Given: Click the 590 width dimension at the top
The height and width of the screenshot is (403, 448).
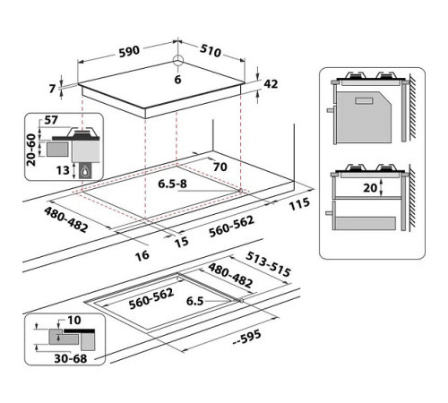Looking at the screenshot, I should [129, 51].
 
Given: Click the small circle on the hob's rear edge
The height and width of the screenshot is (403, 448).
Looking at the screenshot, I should [177, 62].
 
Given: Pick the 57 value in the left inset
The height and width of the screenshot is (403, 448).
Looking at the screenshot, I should [52, 119].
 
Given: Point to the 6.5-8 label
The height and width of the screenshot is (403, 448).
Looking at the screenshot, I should [172, 184].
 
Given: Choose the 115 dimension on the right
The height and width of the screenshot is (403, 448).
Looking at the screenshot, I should [300, 204].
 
